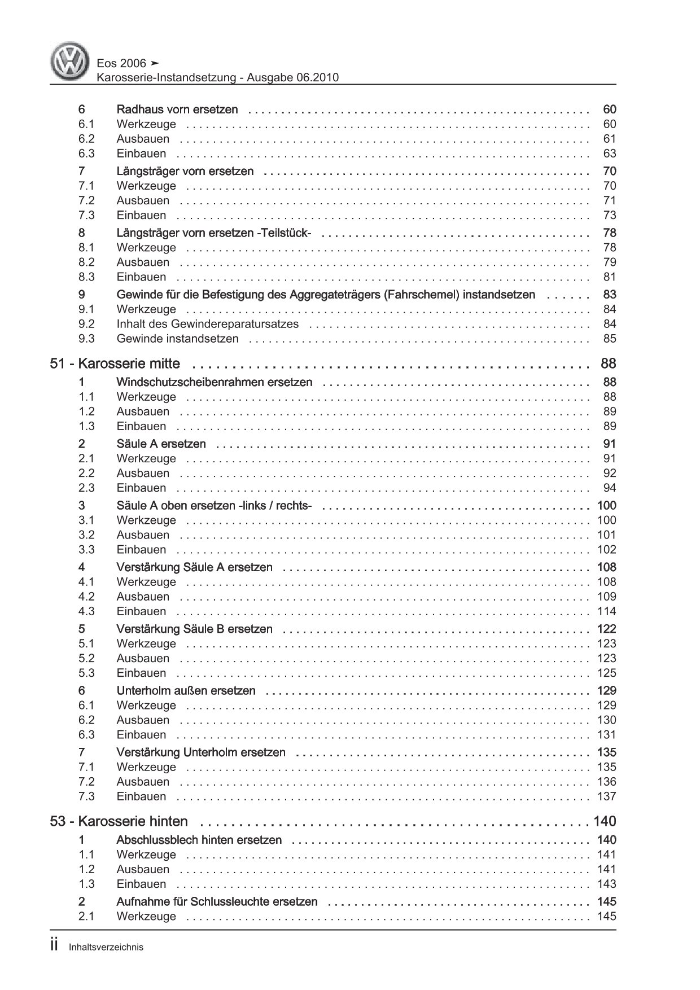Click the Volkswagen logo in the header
pyautogui.click(x=70, y=63)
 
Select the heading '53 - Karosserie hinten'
pyautogui.click(x=119, y=821)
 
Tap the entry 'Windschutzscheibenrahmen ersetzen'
pyautogui.click(x=214, y=382)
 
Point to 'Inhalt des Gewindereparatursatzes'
pyautogui.click(x=207, y=324)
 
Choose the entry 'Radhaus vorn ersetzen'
pyautogui.click(x=177, y=109)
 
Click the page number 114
pyautogui.click(x=606, y=611)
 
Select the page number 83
pyautogui.click(x=610, y=295)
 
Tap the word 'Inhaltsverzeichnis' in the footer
pyautogui.click(x=106, y=948)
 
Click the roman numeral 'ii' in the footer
pyautogui.click(x=54, y=947)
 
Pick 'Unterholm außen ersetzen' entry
pyautogui.click(x=186, y=691)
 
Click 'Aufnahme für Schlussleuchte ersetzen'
pyautogui.click(x=217, y=902)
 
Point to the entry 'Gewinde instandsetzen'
pyautogui.click(x=177, y=339)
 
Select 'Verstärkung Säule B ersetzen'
pyautogui.click(x=194, y=629)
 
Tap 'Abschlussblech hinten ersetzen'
pyautogui.click(x=199, y=840)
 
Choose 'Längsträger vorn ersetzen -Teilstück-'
pyautogui.click(x=213, y=233)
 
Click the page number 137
pyautogui.click(x=606, y=796)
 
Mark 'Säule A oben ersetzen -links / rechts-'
pyautogui.click(x=214, y=506)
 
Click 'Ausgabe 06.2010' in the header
pyautogui.click(x=292, y=78)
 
